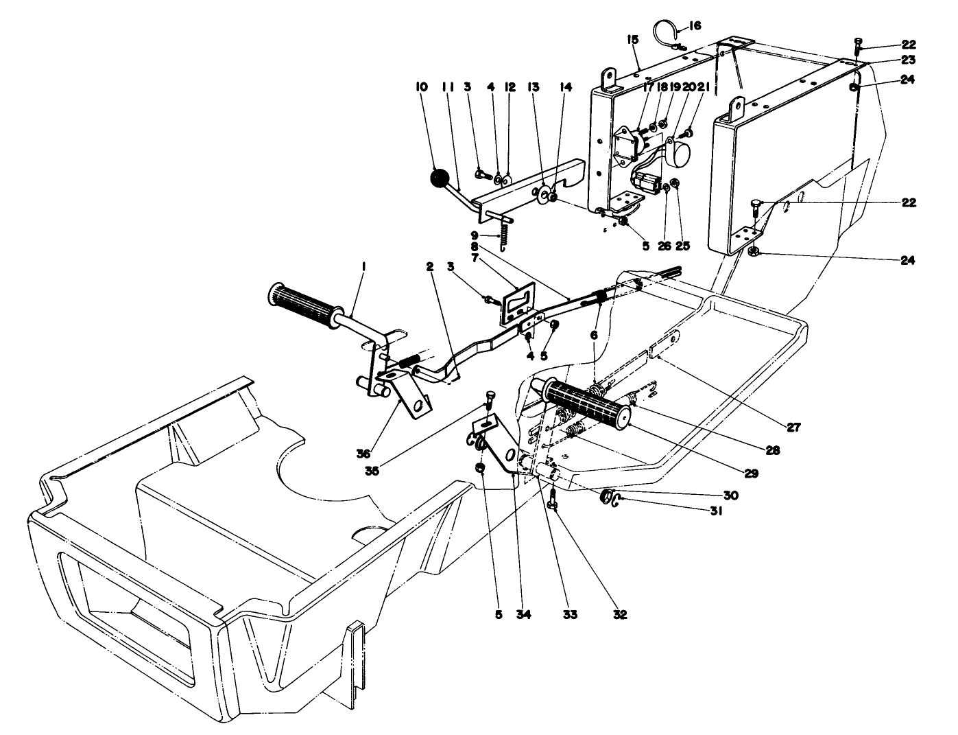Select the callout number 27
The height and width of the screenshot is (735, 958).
pos(793,427)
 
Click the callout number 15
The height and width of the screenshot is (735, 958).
pos(632,40)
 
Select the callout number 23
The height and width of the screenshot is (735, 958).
pos(909,59)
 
